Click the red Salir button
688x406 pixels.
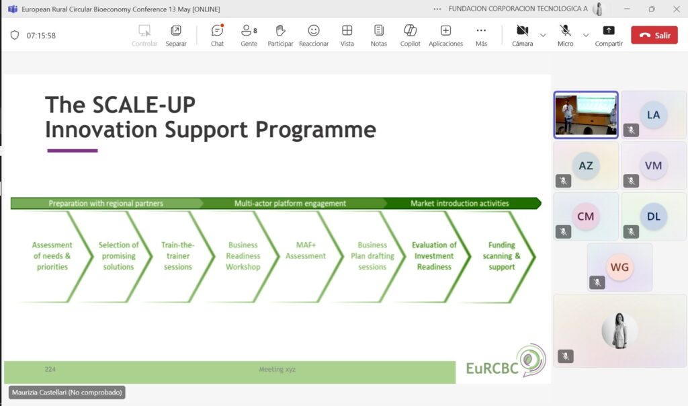click(x=654, y=35)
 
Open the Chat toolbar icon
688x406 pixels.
click(x=217, y=30)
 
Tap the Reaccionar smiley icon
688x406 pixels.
click(x=314, y=30)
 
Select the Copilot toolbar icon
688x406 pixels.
click(x=411, y=30)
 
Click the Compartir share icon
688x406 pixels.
click(x=609, y=30)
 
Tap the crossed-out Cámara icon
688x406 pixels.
click(x=522, y=30)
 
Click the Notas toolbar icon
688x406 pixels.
click(x=379, y=30)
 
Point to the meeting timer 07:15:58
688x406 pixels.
click(x=41, y=36)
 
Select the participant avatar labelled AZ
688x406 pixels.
click(x=586, y=165)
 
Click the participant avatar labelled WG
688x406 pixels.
click(x=619, y=267)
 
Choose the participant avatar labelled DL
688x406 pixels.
click(x=653, y=216)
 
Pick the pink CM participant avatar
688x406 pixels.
click(x=586, y=216)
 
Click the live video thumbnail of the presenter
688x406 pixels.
click(x=586, y=115)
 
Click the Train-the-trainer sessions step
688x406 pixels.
click(x=177, y=256)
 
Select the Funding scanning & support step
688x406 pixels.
click(x=501, y=256)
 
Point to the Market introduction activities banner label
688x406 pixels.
click(x=460, y=203)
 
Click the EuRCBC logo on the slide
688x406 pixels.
click(x=506, y=362)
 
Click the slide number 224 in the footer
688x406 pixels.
click(x=50, y=370)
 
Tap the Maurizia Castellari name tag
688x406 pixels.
click(x=67, y=393)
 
